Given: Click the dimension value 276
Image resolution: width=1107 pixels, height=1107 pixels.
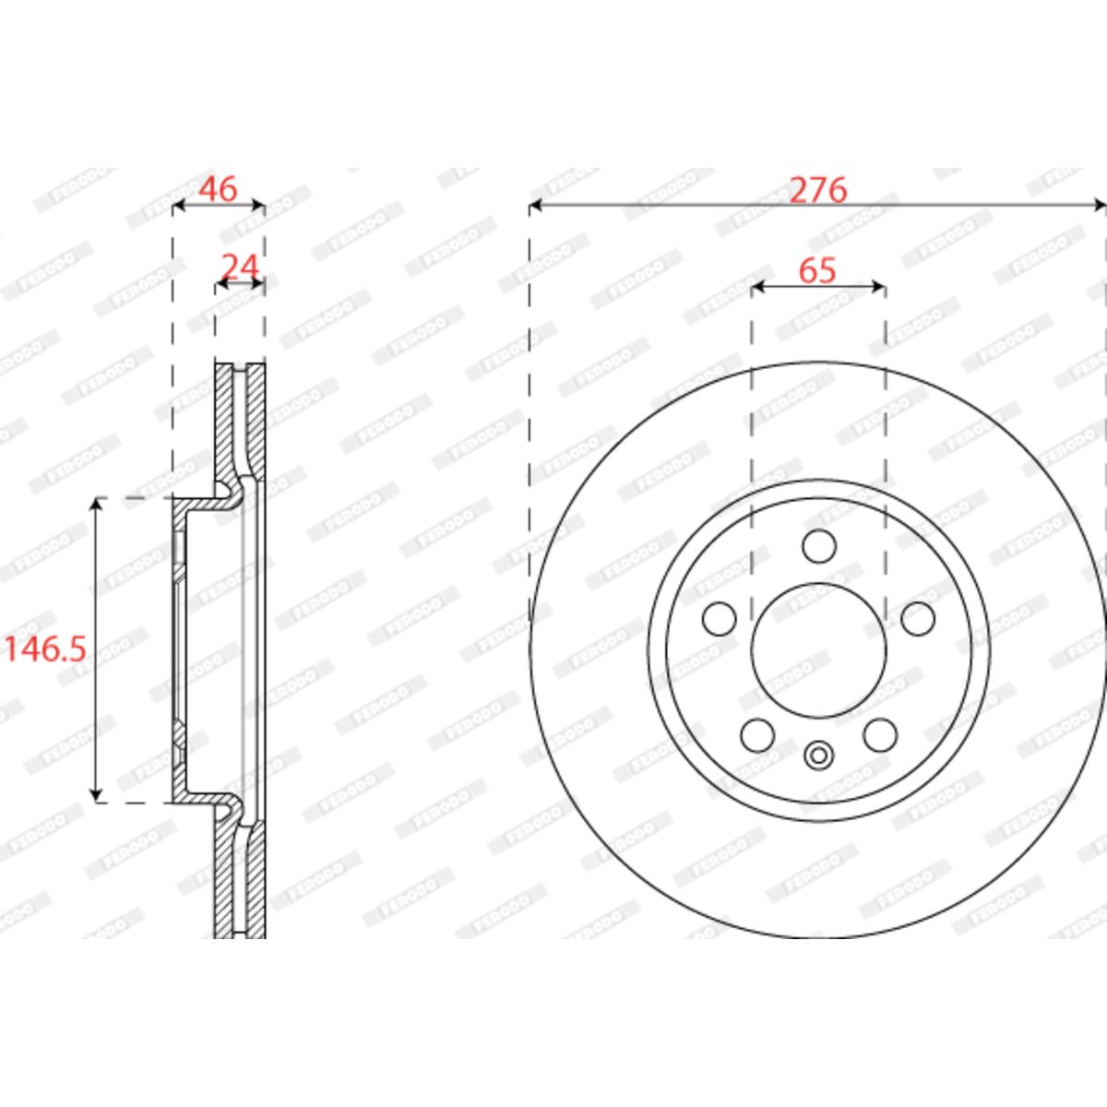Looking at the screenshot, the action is [x=818, y=190].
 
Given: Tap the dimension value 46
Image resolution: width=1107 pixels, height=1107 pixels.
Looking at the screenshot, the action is [x=217, y=189].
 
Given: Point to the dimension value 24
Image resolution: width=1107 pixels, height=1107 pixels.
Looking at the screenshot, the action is [x=241, y=267].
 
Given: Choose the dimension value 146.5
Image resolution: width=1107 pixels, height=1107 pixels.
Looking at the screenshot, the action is [x=46, y=649].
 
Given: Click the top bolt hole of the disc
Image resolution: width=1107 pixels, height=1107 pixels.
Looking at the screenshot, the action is [x=818, y=546].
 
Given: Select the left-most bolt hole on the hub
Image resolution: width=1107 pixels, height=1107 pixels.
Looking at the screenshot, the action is [x=720, y=619].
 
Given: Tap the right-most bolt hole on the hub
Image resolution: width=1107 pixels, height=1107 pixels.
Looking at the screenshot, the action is [x=918, y=619].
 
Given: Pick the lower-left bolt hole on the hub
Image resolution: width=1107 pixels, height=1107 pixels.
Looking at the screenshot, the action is [x=757, y=735].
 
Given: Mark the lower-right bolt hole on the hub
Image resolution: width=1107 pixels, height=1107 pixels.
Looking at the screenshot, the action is [x=881, y=735].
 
